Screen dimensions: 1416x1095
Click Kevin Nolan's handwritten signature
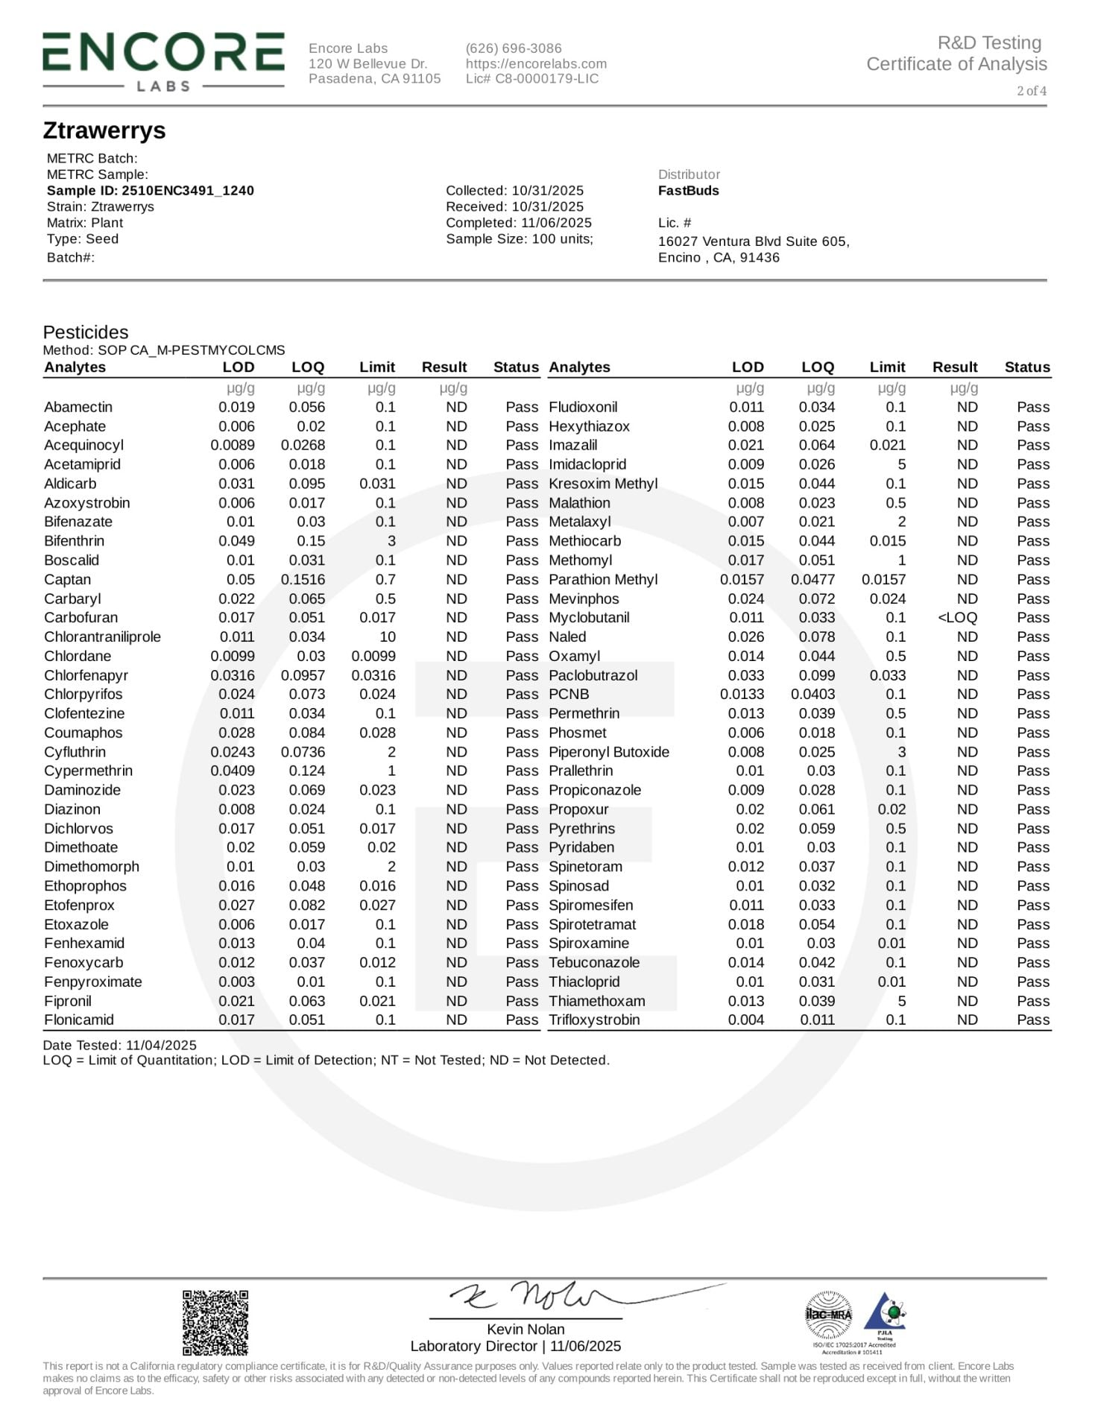[x=537, y=1296]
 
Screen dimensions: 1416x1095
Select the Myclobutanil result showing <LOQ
[x=957, y=618]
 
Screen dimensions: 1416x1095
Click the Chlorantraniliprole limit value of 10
[x=387, y=637]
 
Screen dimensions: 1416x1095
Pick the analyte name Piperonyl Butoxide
[x=609, y=752]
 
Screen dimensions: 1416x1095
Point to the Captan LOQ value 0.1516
[x=303, y=580]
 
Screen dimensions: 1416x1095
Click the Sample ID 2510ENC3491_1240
[x=150, y=191]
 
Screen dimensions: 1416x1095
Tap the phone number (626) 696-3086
[x=514, y=48]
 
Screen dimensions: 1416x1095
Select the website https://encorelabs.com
[x=536, y=64]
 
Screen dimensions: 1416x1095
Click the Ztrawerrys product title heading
[x=104, y=130]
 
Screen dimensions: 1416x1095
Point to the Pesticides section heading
[x=86, y=332]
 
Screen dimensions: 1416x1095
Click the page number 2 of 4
[x=1031, y=91]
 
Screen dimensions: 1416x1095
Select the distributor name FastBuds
[x=688, y=191]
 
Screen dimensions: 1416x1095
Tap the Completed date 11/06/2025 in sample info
[x=519, y=223]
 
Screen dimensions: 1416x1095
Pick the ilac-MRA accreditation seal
[x=828, y=1316]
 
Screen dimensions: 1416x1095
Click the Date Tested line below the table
[x=120, y=1046]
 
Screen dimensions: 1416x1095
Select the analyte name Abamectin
[x=78, y=408]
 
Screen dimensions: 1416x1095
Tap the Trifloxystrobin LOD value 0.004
[x=746, y=1020]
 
